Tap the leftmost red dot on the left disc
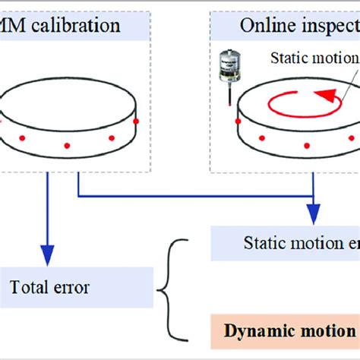click(22, 137)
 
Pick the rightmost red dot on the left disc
click(136, 122)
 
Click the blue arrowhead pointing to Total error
click(48, 254)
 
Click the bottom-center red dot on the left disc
click(67, 145)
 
